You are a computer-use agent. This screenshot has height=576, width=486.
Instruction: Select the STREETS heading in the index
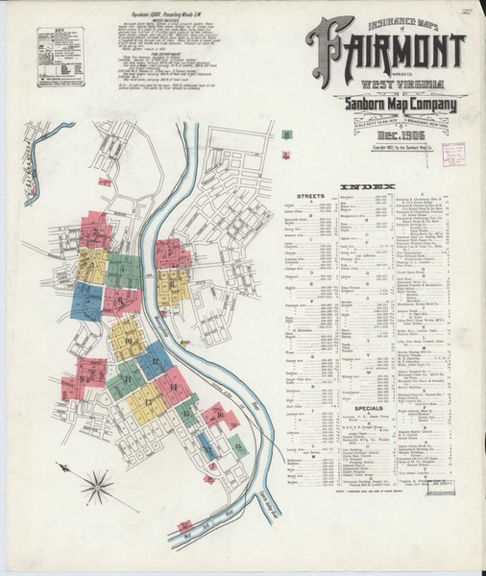pyautogui.click(x=312, y=195)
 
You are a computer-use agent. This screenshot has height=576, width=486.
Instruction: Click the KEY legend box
pyautogui.click(x=61, y=57)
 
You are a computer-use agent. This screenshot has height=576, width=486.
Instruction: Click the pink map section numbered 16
pyautogui.click(x=219, y=417)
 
